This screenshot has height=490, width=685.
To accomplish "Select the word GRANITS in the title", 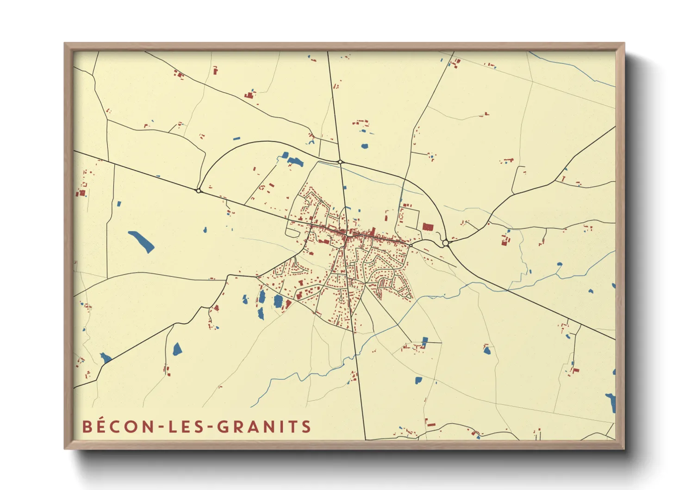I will click(x=264, y=427).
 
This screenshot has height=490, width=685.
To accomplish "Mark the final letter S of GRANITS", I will click(x=306, y=427).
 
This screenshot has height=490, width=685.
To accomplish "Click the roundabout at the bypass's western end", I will click(x=199, y=190).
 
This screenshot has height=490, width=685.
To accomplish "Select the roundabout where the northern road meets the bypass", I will click(x=340, y=162).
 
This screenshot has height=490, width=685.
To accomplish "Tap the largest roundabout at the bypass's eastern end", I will click(x=445, y=243).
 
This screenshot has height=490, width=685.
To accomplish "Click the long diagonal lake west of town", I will click(x=141, y=241).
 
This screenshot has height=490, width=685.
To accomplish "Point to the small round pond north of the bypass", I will click(x=365, y=146).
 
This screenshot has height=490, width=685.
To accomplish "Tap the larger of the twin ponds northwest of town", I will click(x=295, y=162).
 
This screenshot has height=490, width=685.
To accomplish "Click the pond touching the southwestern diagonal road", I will click(x=106, y=358).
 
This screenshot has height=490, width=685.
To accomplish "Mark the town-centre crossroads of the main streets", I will click(x=346, y=238).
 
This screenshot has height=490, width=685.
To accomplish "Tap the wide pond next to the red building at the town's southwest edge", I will click(x=278, y=301).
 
